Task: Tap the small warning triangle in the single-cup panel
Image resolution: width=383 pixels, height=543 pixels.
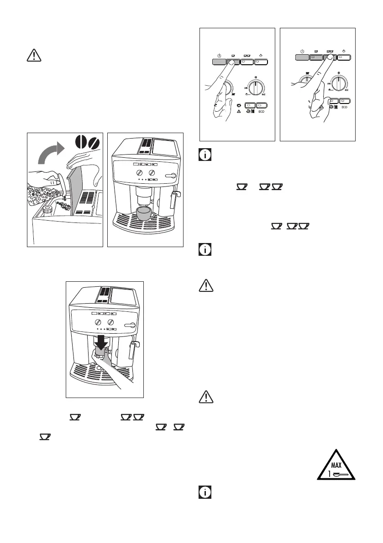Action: (240, 111)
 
